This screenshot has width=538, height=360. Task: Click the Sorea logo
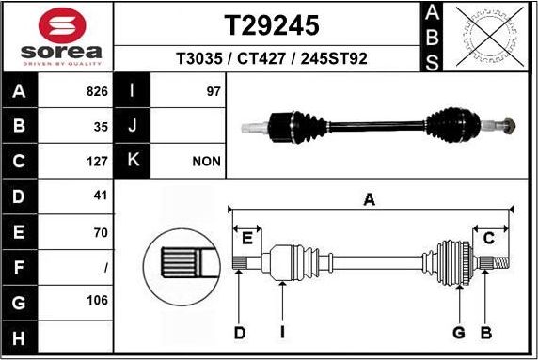click(x=56, y=38)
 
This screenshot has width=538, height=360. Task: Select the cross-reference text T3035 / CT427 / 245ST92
click(x=271, y=58)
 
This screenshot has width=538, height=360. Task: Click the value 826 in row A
click(x=98, y=92)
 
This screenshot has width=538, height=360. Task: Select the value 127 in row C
click(x=98, y=161)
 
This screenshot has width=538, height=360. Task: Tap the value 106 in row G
click(x=98, y=301)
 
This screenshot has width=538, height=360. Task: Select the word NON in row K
click(x=206, y=161)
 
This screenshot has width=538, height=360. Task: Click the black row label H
click(x=19, y=337)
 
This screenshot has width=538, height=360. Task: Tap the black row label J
click(x=133, y=126)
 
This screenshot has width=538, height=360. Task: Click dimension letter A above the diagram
click(x=370, y=198)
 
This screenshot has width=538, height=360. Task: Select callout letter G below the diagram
click(x=459, y=332)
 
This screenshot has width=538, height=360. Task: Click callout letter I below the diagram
click(x=282, y=332)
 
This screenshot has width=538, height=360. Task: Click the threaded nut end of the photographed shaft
click(x=507, y=123)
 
